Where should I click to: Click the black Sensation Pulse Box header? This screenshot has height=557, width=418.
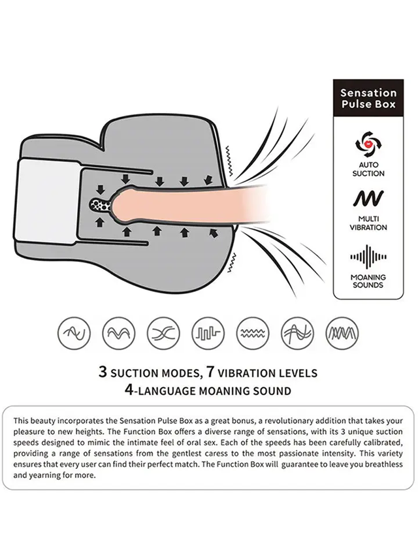tap(368, 99)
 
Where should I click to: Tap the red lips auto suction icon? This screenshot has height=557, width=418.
tap(368, 144)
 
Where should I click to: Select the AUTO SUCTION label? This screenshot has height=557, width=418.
tap(368, 169)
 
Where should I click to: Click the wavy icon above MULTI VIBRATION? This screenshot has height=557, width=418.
tap(368, 199)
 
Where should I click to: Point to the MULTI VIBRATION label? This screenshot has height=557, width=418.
tap(368, 223)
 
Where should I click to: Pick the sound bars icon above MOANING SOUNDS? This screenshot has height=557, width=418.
tap(368, 257)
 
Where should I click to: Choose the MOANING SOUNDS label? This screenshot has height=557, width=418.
tap(368, 281)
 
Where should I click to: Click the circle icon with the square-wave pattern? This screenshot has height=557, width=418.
tap(208, 333)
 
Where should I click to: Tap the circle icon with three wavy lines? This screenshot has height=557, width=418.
tap(253, 333)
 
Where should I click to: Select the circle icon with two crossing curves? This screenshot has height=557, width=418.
tap(163, 333)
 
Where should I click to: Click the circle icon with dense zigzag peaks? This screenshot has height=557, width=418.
tap(342, 333)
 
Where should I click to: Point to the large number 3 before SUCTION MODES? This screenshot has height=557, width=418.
tap(103, 372)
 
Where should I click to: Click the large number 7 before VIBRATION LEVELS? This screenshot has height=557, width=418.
tap(210, 372)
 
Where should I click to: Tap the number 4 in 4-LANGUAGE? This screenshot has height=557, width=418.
tap(129, 390)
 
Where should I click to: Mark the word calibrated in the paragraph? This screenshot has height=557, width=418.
tap(384, 443)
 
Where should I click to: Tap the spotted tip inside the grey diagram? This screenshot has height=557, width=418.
tap(101, 204)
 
